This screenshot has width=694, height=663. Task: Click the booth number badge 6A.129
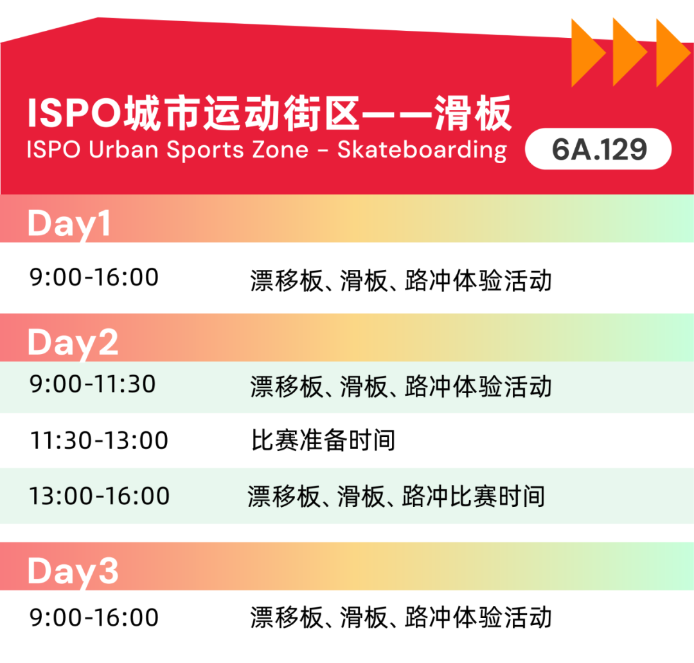598,150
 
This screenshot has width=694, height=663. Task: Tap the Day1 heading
69,225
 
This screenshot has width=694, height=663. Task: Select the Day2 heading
73,342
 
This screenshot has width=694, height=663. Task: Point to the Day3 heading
73,571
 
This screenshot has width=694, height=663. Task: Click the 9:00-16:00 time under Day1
94,278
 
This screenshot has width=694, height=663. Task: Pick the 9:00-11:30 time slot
93,384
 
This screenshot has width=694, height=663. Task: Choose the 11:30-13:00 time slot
99,441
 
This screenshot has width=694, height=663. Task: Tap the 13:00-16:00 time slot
99,496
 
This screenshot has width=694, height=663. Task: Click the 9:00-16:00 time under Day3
94,617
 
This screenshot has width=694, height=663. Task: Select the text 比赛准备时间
323,441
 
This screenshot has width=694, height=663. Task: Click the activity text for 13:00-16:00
396,497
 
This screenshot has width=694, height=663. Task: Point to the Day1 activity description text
401,281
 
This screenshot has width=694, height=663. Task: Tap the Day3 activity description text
401,617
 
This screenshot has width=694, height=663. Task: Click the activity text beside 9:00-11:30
401,387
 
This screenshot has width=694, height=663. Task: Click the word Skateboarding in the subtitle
422,150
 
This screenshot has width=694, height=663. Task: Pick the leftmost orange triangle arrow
586,53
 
